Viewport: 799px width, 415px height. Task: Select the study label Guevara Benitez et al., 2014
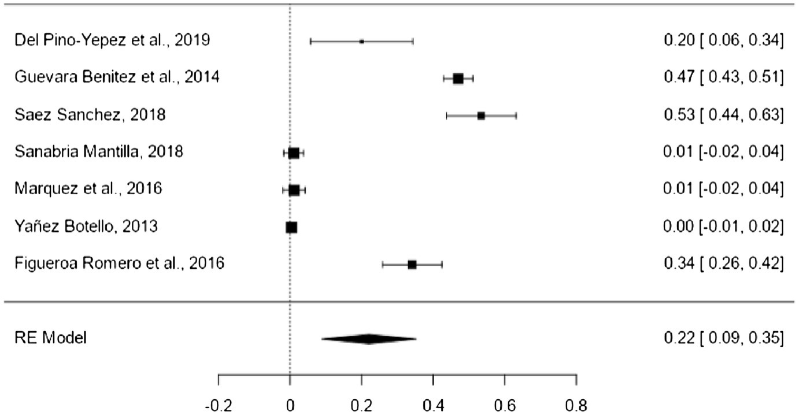pos(117,77)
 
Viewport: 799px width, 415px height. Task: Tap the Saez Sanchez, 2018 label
pos(90,115)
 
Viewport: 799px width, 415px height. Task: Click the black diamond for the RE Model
pos(368,339)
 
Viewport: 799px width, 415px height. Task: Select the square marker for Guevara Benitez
pos(458,79)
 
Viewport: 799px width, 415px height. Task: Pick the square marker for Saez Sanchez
pos(481,116)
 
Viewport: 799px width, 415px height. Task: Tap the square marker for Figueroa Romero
pos(412,265)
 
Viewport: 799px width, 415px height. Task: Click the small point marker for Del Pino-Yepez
pos(361,42)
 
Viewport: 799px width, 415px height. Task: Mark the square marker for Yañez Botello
pos(291,228)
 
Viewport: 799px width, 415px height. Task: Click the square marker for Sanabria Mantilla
pos(294,153)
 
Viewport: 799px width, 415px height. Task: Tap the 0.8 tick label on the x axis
pos(576,405)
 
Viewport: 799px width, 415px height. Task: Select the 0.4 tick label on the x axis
pos(433,405)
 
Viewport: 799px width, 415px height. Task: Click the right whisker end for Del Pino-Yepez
pos(413,42)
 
